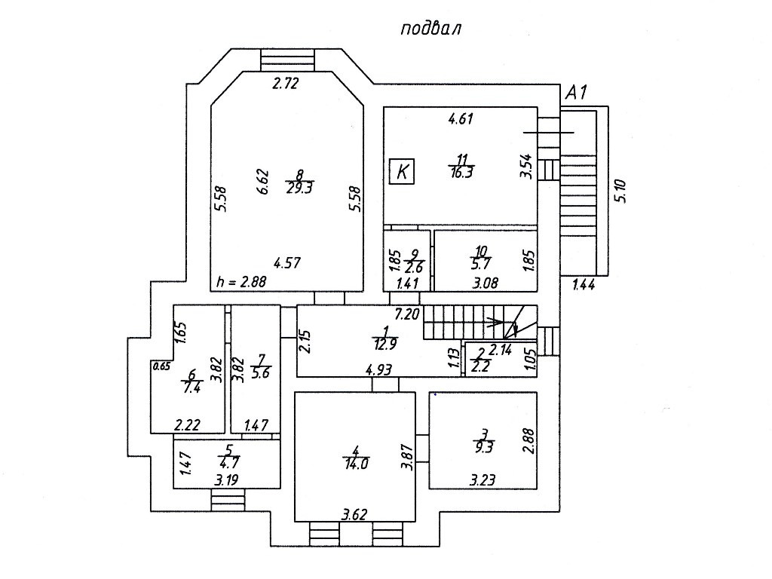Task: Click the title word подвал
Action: [x=430, y=29]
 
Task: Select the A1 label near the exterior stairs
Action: [x=577, y=93]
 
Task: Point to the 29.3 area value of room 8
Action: [x=299, y=188]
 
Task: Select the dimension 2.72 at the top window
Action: [x=286, y=84]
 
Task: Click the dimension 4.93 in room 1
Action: [x=379, y=369]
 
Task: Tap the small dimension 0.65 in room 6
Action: [x=161, y=366]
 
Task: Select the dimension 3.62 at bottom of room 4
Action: [x=354, y=516]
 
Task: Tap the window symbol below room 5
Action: [x=228, y=500]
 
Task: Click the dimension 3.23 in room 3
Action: [x=484, y=479]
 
